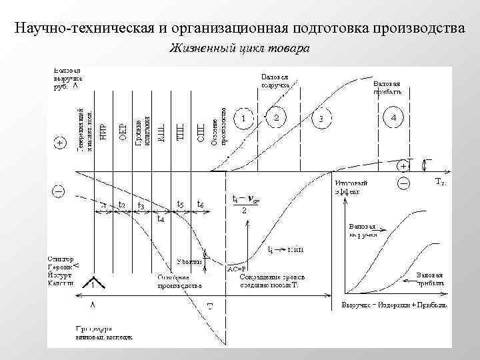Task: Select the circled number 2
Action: point(277,117)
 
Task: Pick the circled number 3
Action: point(321,119)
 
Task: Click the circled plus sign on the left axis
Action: point(59,143)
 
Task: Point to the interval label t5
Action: point(179,204)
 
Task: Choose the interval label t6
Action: point(201,204)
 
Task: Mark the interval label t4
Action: point(161,218)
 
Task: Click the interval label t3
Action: point(141,205)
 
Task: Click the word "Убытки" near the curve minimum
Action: point(189,261)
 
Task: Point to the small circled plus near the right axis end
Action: point(403,165)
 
